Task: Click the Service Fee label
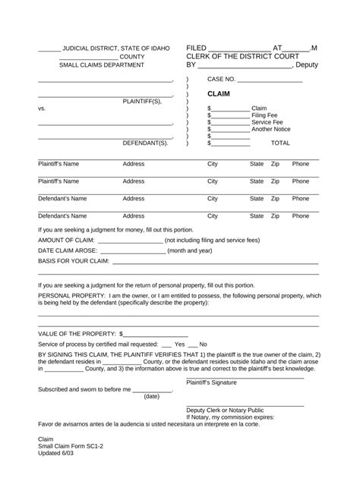coord(267,121)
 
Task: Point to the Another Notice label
coord(270,129)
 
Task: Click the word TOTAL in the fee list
coord(280,143)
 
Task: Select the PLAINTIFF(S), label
coord(143,101)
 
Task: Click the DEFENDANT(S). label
coord(145,143)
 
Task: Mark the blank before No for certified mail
coord(192,344)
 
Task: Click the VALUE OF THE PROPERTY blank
coord(155,334)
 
